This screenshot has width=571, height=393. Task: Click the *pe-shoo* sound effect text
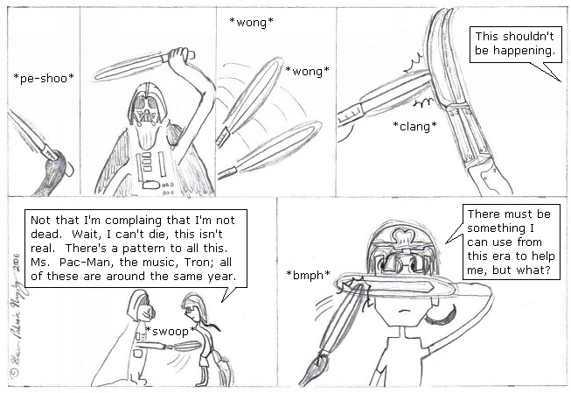tap(44, 78)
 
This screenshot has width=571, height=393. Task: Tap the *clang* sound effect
tap(414, 126)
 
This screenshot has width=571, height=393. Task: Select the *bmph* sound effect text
tap(308, 275)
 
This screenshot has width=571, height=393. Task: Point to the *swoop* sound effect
tap(171, 331)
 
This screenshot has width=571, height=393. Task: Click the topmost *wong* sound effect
tap(251, 22)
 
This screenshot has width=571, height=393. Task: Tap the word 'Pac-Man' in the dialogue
tap(79, 262)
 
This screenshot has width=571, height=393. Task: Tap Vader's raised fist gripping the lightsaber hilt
tap(179, 55)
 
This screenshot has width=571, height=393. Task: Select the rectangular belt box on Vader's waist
tap(150, 185)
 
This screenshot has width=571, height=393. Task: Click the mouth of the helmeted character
tap(402, 311)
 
